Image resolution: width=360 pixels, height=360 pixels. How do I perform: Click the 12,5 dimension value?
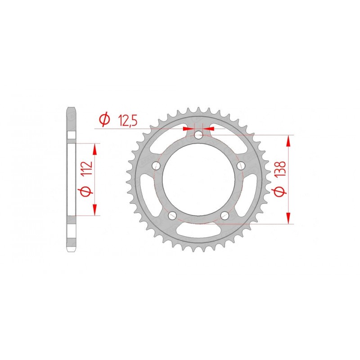127,120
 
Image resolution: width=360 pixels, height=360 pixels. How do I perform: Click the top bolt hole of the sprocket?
199,134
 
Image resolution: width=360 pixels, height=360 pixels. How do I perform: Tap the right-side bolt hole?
241,165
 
